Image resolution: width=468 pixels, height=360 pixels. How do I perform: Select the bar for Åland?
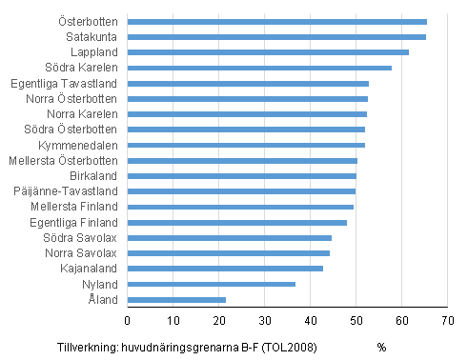click(x=176, y=299)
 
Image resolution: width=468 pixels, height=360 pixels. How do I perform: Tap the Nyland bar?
click(x=211, y=284)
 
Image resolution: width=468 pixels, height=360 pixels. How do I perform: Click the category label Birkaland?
click(x=93, y=176)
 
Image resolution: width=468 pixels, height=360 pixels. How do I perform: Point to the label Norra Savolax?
click(x=81, y=253)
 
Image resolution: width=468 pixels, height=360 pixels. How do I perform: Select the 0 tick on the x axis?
click(x=127, y=319)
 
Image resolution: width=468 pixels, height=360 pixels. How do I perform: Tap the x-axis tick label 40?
click(x=310, y=319)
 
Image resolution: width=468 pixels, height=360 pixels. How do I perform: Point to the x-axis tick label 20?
click(x=218, y=319)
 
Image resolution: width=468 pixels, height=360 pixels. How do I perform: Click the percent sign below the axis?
click(x=381, y=347)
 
